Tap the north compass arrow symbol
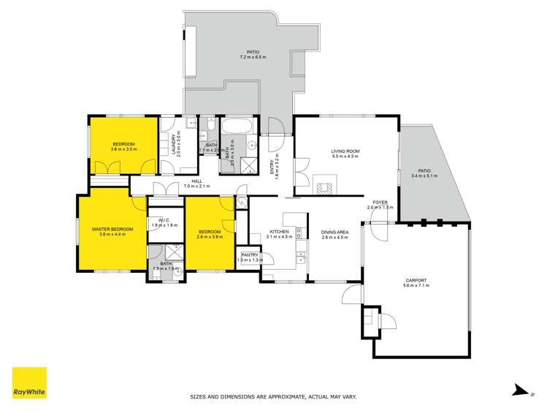click(519, 391)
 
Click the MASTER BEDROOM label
click(112, 229)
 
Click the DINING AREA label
click(334, 233)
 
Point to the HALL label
click(196, 181)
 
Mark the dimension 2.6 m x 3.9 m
click(210, 237)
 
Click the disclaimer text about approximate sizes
click(273, 397)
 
